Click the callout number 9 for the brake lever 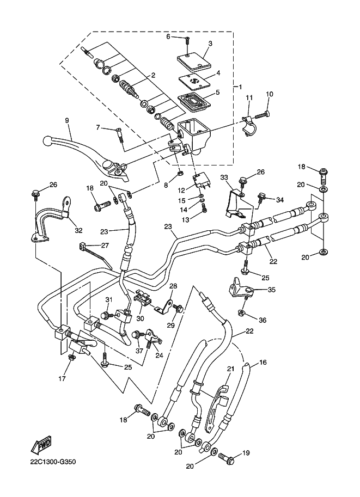tap(67, 120)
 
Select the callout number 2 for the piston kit tap(153, 76)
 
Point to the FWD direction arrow tap(40, 446)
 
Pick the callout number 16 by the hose tap(263, 362)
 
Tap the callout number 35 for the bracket tap(271, 290)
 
